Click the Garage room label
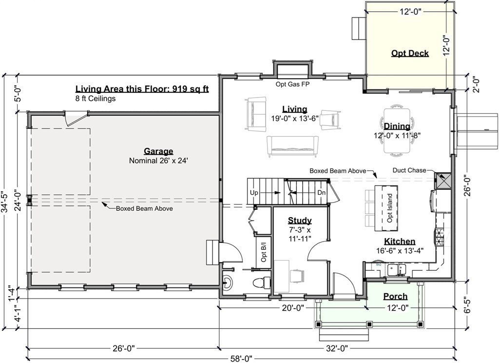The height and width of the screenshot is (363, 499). click(x=158, y=151)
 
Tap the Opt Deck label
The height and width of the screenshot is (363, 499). click(x=410, y=53)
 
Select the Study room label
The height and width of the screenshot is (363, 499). click(x=300, y=220)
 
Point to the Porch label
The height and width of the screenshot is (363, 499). click(x=395, y=296)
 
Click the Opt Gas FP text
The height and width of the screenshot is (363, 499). click(x=292, y=84)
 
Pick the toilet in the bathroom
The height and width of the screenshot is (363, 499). click(x=262, y=282)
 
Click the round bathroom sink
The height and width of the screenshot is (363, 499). click(x=228, y=282)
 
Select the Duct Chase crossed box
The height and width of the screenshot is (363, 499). click(x=443, y=181)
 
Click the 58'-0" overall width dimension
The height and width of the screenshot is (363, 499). click(x=241, y=359)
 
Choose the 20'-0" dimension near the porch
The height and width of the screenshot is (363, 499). click(x=293, y=308)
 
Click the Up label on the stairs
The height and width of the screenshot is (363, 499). click(x=254, y=193)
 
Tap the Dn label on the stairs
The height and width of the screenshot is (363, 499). click(x=322, y=193)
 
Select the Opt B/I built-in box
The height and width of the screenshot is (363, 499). click(x=264, y=252)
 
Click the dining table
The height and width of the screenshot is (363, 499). click(x=397, y=131)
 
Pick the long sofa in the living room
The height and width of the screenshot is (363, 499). click(x=292, y=146)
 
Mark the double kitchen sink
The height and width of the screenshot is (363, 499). click(x=397, y=270)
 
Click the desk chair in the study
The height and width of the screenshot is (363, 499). click(x=297, y=276)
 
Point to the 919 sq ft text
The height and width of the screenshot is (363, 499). click(x=191, y=89)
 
